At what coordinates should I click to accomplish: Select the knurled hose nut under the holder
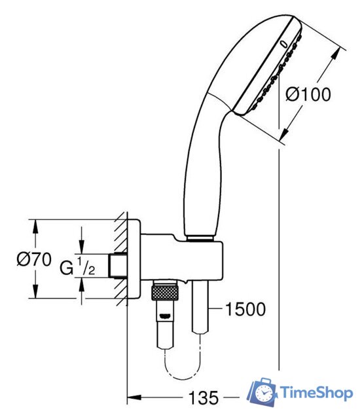tap(166, 291)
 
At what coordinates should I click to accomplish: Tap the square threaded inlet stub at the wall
tap(119, 266)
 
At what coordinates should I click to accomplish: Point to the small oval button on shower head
tap(283, 44)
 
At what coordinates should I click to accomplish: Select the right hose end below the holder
tap(200, 308)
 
